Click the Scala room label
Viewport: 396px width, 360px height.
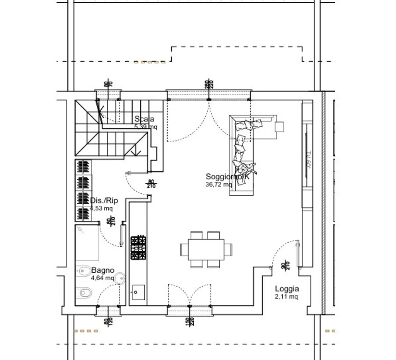coord(144,119)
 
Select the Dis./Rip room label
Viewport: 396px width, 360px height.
coord(104,201)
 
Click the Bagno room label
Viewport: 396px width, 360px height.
coord(103,270)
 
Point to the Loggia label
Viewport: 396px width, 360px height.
coord(287,289)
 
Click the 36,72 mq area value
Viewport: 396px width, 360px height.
coord(219,184)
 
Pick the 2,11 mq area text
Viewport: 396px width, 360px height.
coord(287,297)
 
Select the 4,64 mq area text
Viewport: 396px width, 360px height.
coord(102,278)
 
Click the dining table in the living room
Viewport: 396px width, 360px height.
coord(206,249)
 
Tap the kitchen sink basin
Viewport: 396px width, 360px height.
coord(138,292)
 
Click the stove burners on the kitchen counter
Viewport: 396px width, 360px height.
coord(139,249)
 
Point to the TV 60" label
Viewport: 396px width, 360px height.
coord(308,159)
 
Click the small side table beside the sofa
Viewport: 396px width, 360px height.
coord(279,126)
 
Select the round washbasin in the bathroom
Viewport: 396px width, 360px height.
coord(121,277)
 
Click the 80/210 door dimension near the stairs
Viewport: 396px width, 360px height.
coord(151,184)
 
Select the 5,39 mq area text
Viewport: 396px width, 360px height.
coord(146,126)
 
